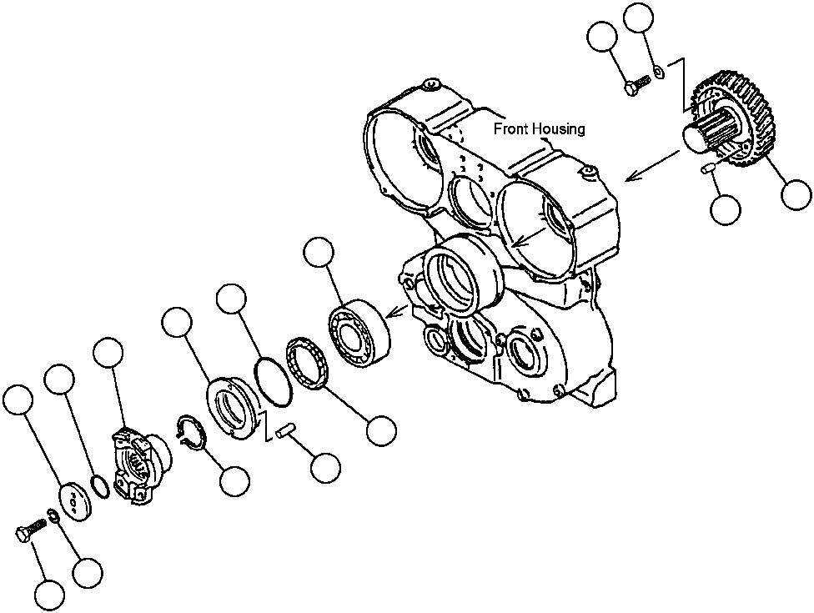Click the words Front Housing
coord(539,129)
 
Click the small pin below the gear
coord(709,170)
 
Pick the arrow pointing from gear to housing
coord(654,165)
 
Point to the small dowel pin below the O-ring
coord(287,431)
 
